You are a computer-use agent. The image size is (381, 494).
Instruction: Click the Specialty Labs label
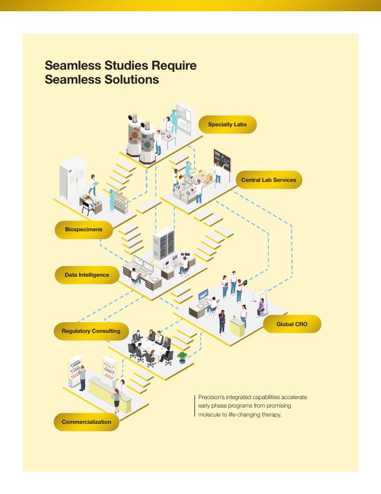227,124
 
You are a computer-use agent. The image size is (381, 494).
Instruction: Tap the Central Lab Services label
268,180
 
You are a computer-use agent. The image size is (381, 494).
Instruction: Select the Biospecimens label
83,230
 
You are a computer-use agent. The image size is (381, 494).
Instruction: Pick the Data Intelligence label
87,275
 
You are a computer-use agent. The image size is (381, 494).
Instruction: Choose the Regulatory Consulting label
91,331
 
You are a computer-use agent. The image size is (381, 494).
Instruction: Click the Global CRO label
291,324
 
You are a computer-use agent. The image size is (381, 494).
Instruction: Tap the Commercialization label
86,422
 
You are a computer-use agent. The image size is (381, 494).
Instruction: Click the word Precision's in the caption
211,397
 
